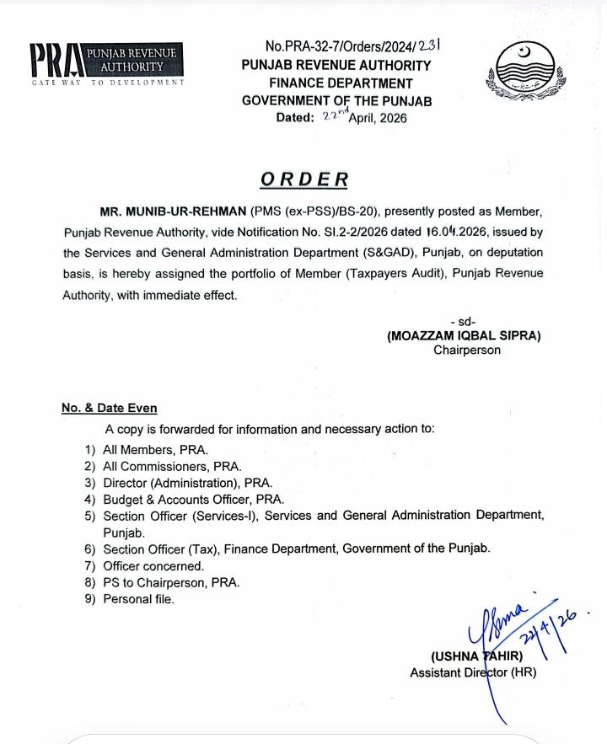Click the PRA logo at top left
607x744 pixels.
click(105, 64)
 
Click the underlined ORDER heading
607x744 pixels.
click(303, 179)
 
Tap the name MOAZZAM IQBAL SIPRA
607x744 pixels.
click(464, 335)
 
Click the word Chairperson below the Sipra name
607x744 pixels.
click(466, 350)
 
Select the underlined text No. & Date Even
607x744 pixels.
click(109, 408)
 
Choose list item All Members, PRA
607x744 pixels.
click(155, 450)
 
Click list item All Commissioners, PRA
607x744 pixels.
click(172, 466)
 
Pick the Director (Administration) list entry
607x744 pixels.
click(187, 483)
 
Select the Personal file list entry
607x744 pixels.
click(138, 599)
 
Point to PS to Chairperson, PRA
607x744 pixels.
click(171, 582)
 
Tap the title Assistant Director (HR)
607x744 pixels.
click(472, 672)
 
